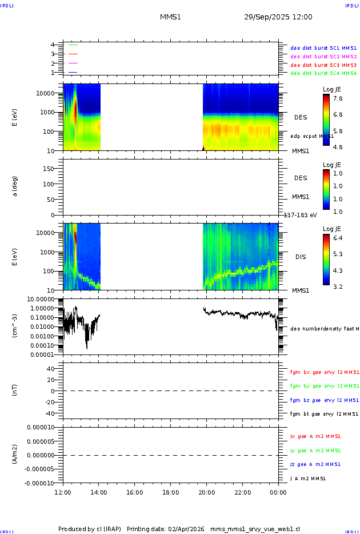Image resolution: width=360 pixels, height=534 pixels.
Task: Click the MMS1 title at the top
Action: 170,17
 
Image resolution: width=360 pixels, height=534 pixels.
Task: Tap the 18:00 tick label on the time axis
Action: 171,492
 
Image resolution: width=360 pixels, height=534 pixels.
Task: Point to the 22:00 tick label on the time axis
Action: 242,492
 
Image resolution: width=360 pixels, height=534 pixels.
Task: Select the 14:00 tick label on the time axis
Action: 99,492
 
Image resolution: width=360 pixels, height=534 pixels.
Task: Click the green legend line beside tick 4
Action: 73,45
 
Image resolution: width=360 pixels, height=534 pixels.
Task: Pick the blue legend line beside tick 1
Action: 73,73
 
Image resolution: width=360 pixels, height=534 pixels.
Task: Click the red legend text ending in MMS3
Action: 323,65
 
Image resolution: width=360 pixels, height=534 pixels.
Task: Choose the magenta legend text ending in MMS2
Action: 323,57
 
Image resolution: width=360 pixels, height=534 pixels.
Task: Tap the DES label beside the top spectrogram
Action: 301,117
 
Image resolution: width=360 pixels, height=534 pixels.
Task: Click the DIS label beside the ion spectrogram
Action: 301,257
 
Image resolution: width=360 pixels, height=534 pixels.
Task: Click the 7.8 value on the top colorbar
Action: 338,98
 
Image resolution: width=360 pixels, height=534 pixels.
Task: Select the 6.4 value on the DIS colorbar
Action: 338,237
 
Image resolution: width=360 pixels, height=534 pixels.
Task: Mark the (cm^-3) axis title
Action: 15,326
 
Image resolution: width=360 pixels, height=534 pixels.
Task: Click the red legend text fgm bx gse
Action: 323,372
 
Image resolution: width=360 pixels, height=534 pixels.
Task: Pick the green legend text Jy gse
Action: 316,451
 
